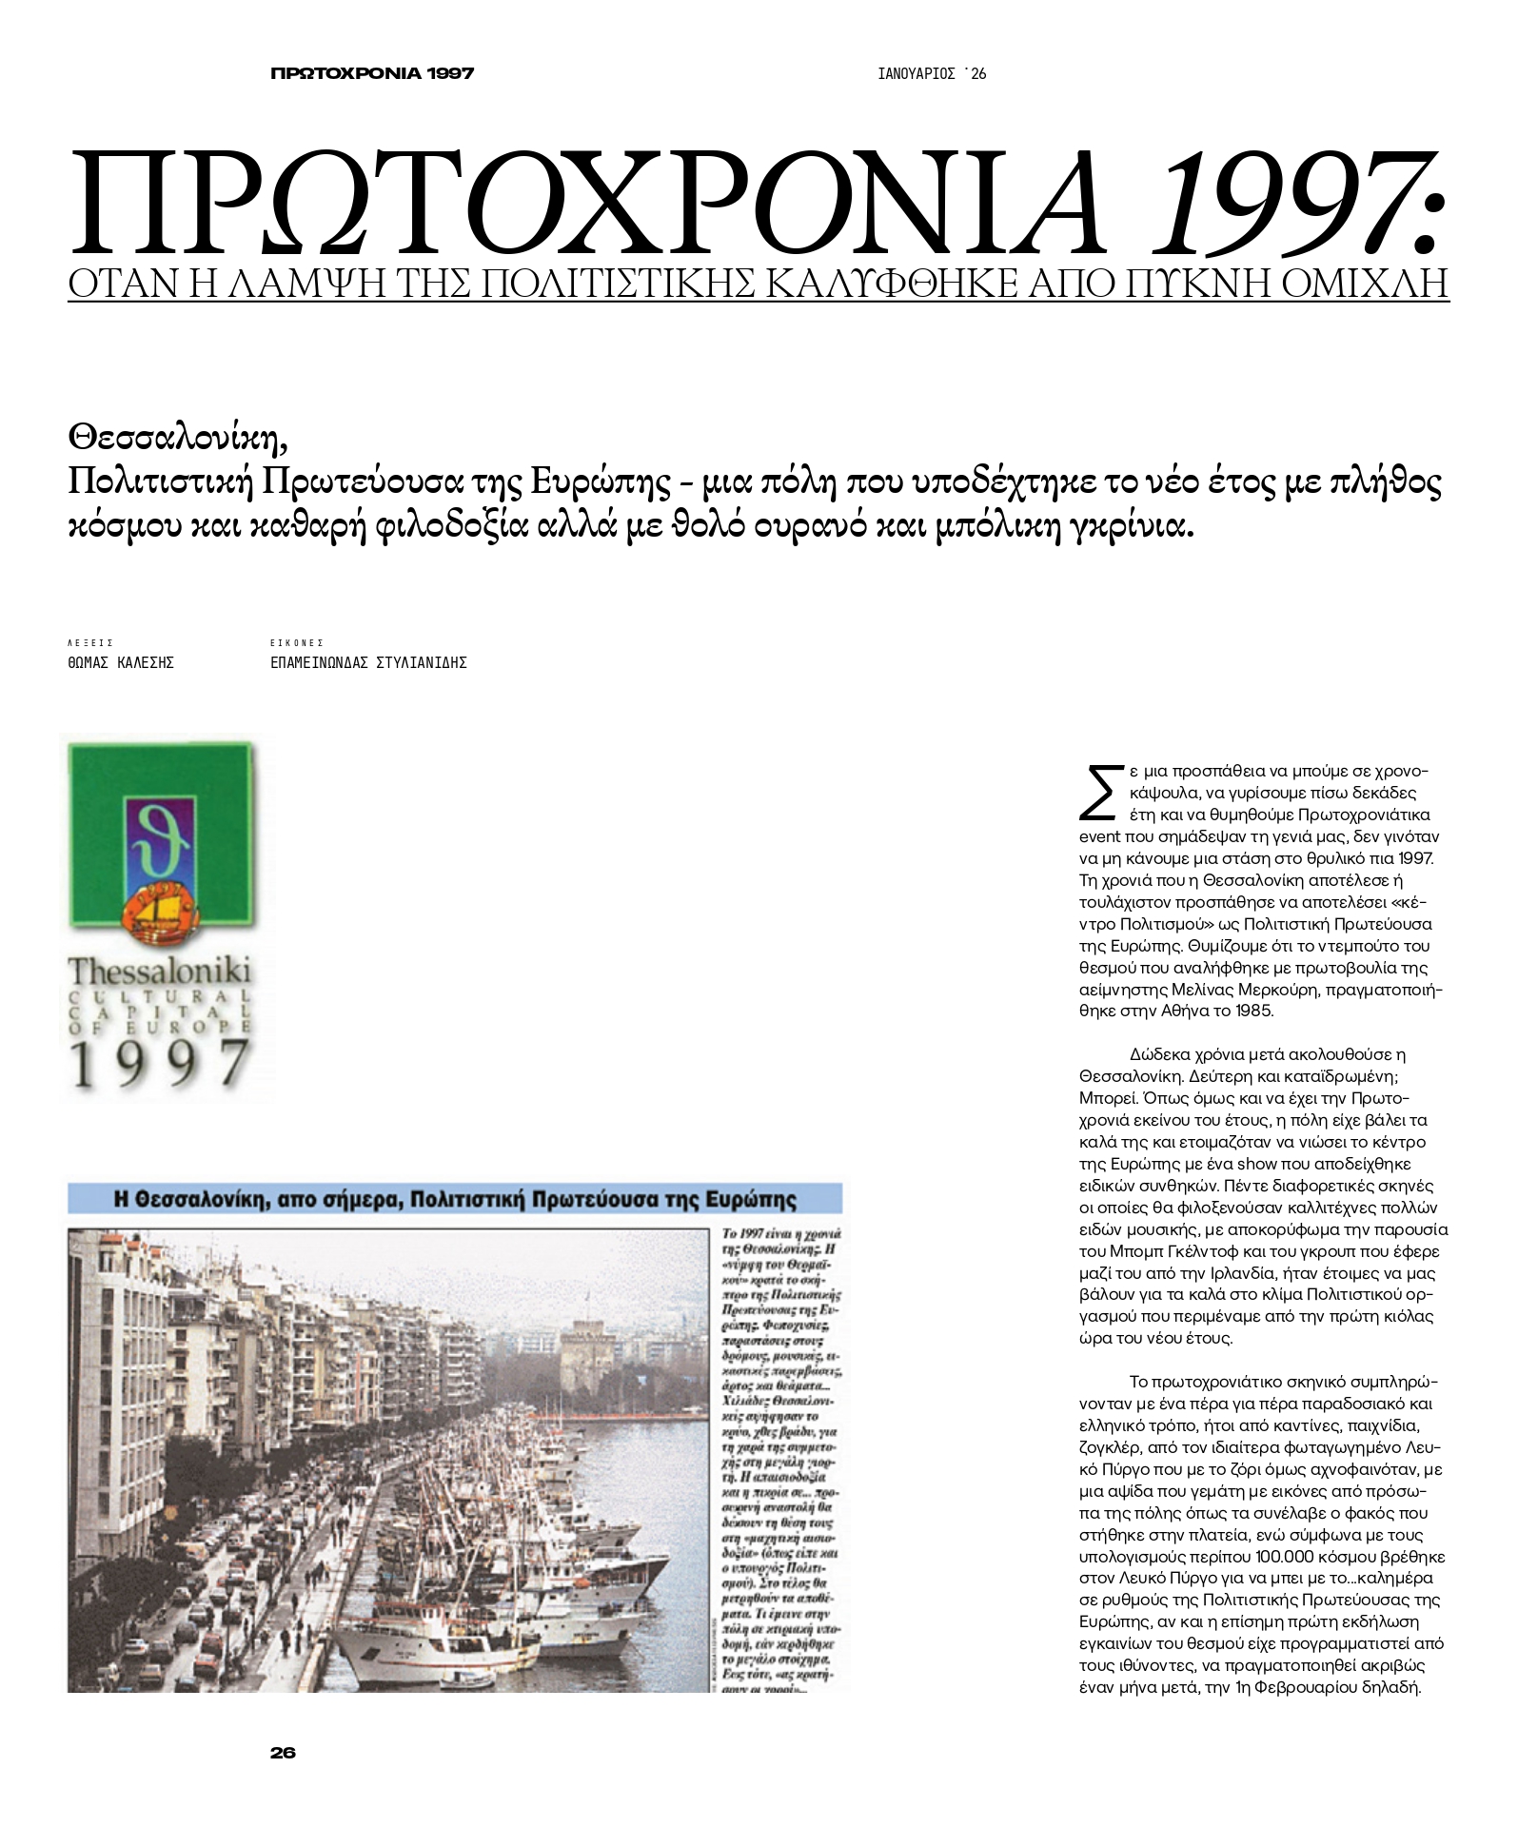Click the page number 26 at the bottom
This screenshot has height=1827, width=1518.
(283, 1753)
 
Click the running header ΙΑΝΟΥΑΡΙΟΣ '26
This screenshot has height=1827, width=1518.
(932, 74)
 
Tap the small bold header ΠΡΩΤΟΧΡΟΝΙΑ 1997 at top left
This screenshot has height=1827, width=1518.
(372, 73)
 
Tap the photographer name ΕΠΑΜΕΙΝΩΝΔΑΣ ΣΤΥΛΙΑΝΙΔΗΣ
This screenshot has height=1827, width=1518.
(368, 663)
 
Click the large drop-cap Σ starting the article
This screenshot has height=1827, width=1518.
(1097, 792)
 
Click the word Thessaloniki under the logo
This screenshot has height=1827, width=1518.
(159, 972)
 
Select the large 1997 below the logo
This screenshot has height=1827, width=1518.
(160, 1063)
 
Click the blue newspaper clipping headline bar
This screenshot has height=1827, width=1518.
(455, 1199)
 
